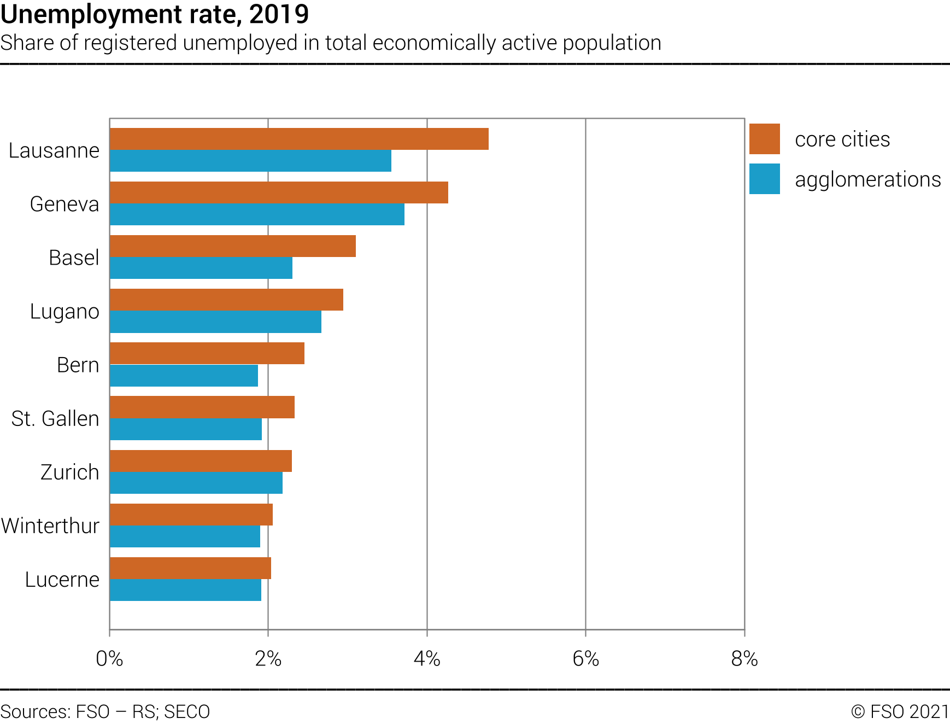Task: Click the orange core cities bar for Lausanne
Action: click(299, 139)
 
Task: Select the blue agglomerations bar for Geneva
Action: click(257, 214)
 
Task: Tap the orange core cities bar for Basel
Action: click(233, 246)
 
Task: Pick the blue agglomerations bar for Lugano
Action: click(215, 322)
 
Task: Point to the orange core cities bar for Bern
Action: click(207, 353)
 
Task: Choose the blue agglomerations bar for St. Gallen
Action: click(186, 429)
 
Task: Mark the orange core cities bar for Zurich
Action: click(201, 461)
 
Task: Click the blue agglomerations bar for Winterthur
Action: click(185, 536)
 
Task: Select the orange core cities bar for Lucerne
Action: click(190, 568)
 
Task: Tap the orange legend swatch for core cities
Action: click(764, 139)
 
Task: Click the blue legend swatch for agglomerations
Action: click(764, 179)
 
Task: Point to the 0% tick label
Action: click(109, 659)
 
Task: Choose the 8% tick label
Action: click(744, 659)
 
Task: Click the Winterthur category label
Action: click(50, 526)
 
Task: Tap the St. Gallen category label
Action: click(55, 418)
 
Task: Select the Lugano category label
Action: click(64, 311)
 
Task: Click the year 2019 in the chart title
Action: click(279, 14)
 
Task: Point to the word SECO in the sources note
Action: click(187, 711)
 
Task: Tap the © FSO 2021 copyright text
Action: click(900, 711)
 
